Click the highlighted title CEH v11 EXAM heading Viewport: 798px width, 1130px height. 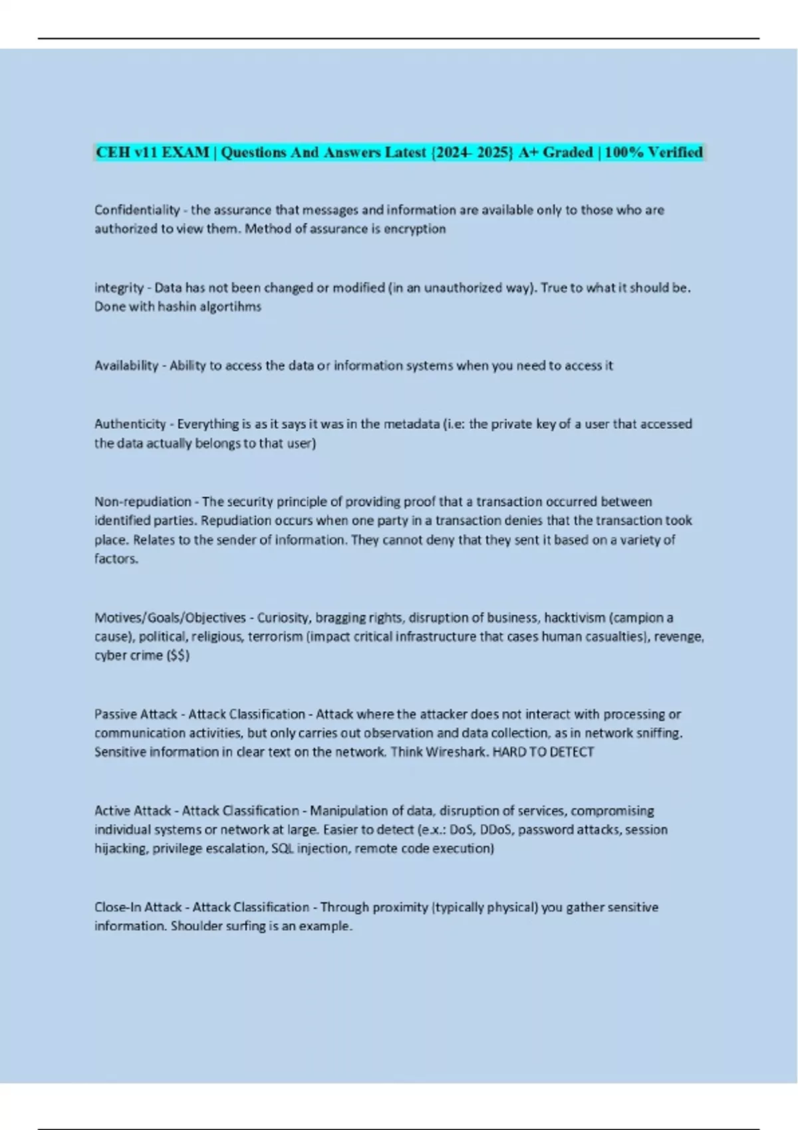click(398, 152)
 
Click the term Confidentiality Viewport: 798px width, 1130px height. click(136, 210)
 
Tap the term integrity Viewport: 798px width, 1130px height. click(118, 288)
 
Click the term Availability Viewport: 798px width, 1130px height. click(126, 366)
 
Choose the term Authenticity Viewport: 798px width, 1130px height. click(130, 424)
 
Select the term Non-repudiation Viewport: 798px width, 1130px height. click(142, 502)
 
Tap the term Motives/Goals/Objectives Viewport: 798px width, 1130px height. click(170, 618)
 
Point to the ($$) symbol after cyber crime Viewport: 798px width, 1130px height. click(178, 655)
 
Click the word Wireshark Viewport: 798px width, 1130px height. click(456, 752)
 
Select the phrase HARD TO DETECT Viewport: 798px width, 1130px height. click(543, 752)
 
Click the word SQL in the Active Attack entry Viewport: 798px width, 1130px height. click(282, 849)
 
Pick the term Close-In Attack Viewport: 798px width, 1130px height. click(138, 907)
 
